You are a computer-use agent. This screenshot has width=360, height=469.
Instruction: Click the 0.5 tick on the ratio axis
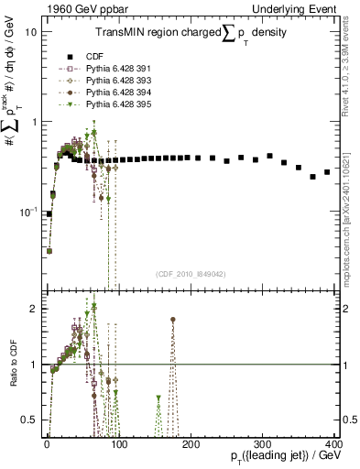tap(27, 421)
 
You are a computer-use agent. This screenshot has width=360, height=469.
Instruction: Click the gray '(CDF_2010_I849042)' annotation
tap(191, 272)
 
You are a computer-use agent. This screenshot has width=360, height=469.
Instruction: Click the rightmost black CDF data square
tap(327, 172)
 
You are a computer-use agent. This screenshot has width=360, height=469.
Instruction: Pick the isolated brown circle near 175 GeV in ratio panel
tap(172, 320)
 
